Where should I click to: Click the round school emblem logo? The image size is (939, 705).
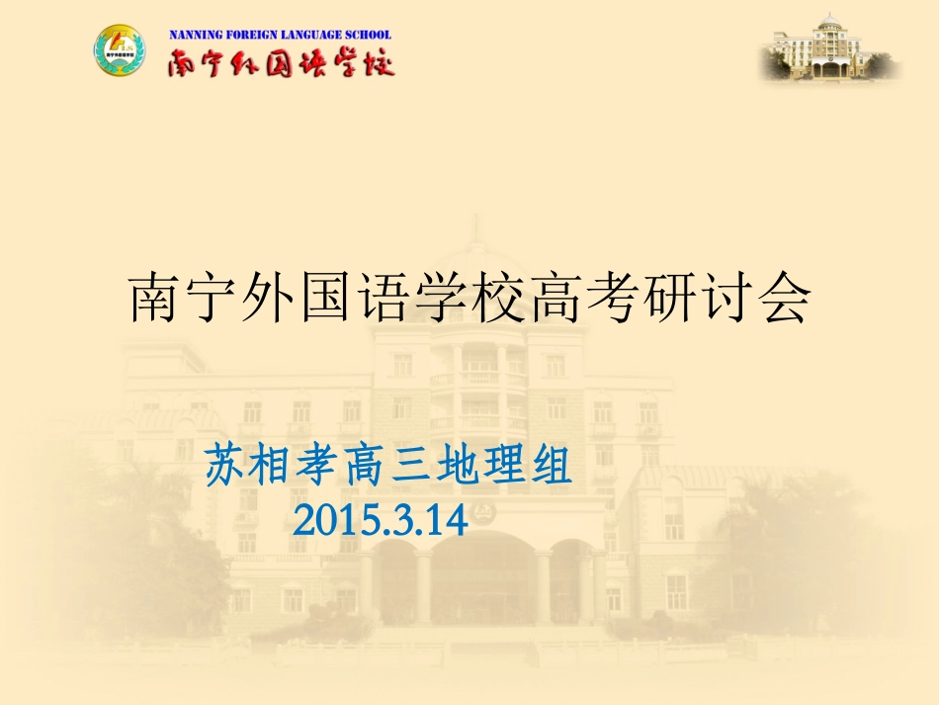pos(119,51)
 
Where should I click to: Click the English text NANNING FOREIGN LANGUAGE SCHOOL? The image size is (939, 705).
pos(281,34)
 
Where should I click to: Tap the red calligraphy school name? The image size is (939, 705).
pos(281,62)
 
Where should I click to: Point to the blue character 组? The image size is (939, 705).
pos(550,465)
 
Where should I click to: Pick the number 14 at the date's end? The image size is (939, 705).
pos(446,518)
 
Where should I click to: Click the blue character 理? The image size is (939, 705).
pos(503,465)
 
